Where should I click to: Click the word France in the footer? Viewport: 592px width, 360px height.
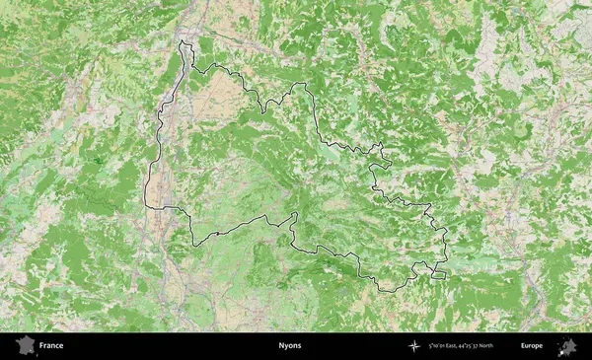click(x=51, y=346)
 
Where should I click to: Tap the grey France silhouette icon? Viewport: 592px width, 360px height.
click(x=23, y=346)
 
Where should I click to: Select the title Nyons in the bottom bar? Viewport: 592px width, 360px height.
click(x=290, y=346)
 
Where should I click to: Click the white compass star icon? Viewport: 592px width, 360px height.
click(x=413, y=346)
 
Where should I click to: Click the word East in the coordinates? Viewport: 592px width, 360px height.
click(x=457, y=346)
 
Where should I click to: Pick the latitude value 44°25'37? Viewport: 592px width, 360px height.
click(x=480, y=346)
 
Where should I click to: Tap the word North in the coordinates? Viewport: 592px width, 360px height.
click(x=501, y=346)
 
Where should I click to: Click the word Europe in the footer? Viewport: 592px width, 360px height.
click(x=532, y=346)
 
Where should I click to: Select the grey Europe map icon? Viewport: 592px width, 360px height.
click(x=567, y=346)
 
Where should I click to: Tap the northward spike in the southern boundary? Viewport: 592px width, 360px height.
click(x=295, y=215)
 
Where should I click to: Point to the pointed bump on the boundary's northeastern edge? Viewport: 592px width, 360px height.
click(x=381, y=145)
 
